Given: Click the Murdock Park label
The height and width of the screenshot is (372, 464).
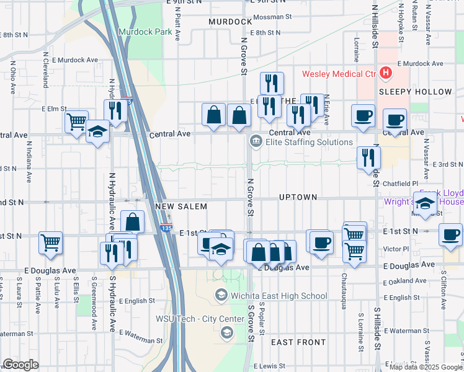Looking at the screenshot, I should click(145, 31).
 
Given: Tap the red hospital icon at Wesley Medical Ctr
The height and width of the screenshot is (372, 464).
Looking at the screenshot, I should click(386, 74).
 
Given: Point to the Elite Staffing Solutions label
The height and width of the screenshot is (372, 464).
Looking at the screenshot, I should click(309, 142).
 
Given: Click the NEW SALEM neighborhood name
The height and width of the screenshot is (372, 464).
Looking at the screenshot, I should click(181, 206).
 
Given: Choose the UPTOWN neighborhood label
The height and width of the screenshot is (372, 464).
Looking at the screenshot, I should click(298, 197).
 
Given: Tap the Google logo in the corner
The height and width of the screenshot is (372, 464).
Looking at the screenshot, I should click(20, 365).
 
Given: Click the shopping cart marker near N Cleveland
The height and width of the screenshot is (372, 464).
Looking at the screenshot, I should click(76, 121).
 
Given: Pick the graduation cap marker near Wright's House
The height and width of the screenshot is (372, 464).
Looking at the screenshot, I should click(426, 204).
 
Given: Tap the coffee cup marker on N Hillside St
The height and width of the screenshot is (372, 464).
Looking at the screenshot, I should click(363, 115).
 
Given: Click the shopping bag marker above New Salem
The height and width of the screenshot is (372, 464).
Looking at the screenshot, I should click(133, 221).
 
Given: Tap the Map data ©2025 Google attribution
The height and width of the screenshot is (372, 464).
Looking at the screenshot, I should click(426, 366).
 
